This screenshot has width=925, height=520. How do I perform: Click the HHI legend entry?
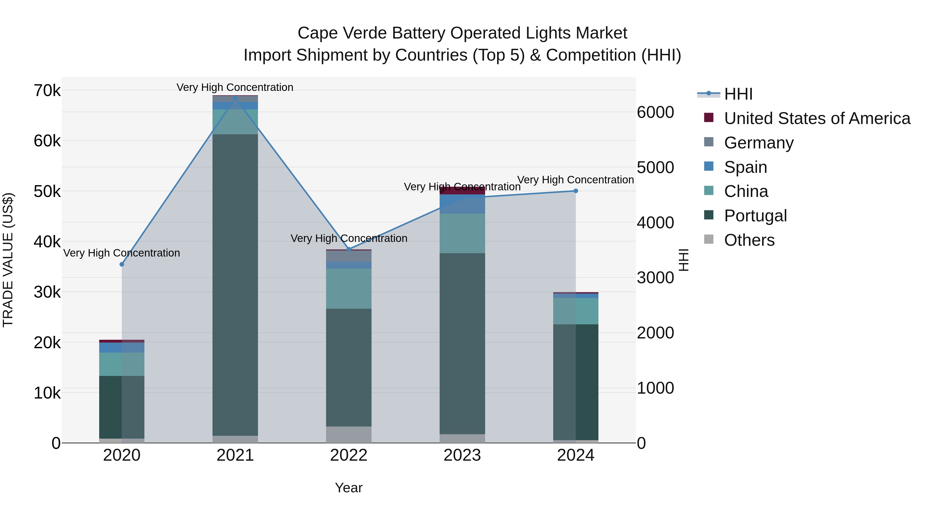coord(738,94)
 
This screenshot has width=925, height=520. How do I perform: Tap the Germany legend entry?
coord(758,143)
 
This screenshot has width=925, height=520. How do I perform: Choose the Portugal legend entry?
coord(755,216)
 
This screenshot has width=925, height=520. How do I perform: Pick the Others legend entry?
coord(749,240)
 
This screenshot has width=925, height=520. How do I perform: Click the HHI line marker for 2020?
coord(122,264)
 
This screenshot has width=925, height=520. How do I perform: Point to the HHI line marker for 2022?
coord(349,249)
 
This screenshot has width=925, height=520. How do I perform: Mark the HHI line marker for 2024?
coord(576,191)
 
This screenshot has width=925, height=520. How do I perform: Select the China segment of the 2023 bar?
coord(462,233)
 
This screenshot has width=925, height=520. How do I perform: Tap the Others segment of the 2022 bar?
coord(349,434)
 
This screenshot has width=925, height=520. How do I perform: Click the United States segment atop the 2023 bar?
coord(462,191)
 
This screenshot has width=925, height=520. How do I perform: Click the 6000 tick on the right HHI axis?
coord(655,112)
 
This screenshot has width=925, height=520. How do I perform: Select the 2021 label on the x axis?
coord(235,455)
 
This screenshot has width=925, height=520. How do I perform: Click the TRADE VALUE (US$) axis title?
coord(8,260)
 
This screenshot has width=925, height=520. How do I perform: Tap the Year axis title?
coord(349,488)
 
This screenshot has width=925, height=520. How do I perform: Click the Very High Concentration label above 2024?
coord(575,180)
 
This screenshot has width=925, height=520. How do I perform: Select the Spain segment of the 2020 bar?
coord(122,347)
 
